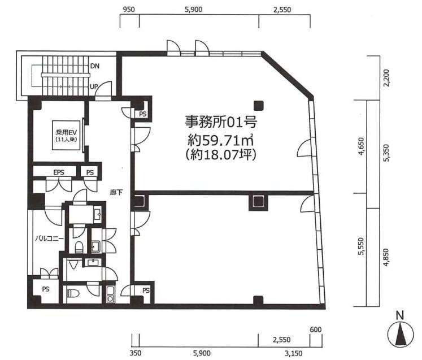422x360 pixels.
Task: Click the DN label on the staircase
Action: coord(95,66)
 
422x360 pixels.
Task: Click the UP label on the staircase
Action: coord(94,86)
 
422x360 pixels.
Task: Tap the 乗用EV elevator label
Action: coord(66,132)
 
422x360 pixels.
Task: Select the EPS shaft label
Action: coord(59,172)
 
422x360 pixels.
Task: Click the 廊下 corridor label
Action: coord(116,192)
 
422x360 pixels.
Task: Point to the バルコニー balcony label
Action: coord(49,238)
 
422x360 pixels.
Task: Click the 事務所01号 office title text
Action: coord(221,122)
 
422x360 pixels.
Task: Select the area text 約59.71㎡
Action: coord(221,140)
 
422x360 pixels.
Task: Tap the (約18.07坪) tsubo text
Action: coord(221,155)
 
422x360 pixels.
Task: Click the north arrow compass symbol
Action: coord(401,334)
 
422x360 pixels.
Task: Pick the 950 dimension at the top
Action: coord(129,10)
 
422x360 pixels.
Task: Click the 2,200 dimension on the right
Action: coord(386,78)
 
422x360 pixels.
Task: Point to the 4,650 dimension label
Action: coord(361,146)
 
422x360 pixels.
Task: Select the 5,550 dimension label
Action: coord(361,246)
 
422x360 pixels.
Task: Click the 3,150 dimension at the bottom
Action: coord(294,353)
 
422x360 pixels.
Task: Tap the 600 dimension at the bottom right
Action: coord(316,329)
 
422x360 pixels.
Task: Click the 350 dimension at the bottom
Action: coord(135,353)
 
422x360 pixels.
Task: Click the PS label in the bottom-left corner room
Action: coord(46,289)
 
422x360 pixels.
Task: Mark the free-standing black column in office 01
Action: coord(259,106)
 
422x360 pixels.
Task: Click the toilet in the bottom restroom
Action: coord(72,293)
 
